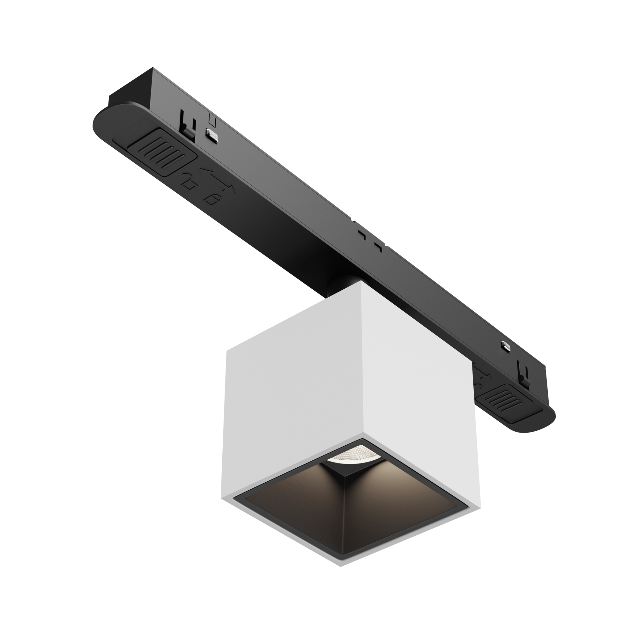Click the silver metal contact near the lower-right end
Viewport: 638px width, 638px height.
pyautogui.click(x=505, y=345)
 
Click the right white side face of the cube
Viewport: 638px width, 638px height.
pyautogui.click(x=419, y=380)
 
